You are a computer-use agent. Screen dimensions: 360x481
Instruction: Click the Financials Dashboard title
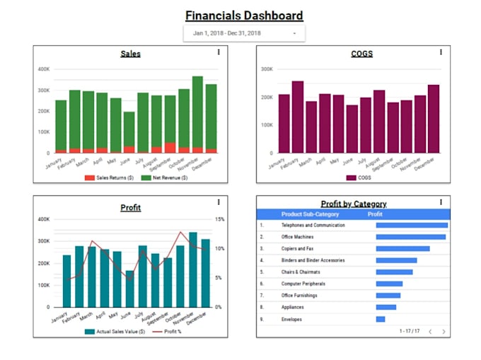tap(244, 16)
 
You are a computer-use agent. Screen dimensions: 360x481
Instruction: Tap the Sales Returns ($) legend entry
tap(110, 178)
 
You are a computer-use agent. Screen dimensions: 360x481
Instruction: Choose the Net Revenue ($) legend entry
tap(164, 178)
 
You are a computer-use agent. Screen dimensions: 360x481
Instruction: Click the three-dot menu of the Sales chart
tap(219, 52)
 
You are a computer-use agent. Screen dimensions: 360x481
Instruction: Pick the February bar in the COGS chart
tap(298, 117)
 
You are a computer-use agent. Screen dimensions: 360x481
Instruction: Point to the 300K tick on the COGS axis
tap(266, 69)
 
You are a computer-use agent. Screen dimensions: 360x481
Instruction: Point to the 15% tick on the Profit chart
tap(220, 219)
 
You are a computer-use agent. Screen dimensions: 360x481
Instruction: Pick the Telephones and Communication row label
tap(313, 226)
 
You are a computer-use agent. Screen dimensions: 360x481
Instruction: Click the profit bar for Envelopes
tap(381, 319)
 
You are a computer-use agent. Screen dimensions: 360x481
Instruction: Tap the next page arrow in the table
tap(444, 331)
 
